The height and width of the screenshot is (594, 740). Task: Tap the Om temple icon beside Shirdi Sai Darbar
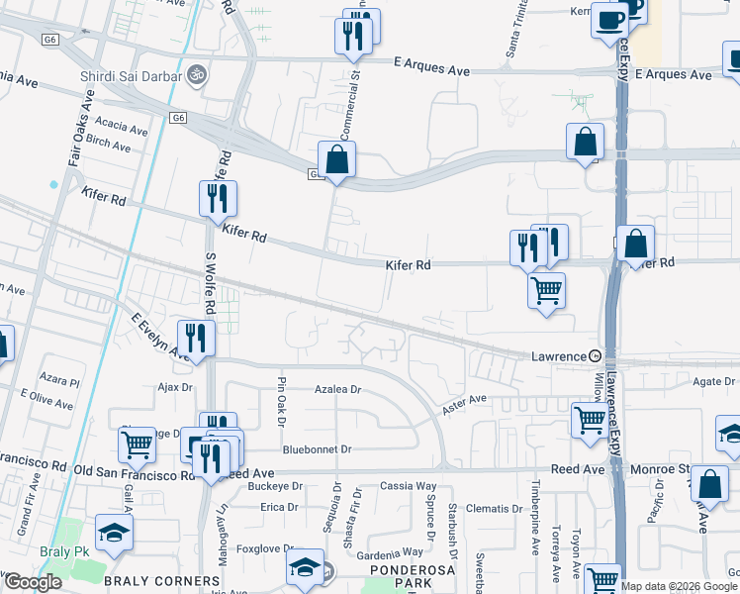(x=196, y=73)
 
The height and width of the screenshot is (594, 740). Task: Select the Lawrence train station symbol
(x=595, y=355)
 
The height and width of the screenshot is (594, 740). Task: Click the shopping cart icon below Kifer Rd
(x=546, y=290)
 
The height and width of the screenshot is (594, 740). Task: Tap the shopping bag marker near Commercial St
(x=336, y=159)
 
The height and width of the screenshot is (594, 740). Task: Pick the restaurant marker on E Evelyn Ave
(x=196, y=338)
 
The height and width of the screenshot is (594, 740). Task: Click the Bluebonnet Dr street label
(x=317, y=449)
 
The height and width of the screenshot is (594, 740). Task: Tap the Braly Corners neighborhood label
(x=162, y=581)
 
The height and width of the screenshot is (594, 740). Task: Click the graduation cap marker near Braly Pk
(x=115, y=532)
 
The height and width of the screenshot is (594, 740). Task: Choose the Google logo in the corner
(x=32, y=582)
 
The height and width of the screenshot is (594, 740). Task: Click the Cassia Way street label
(x=409, y=486)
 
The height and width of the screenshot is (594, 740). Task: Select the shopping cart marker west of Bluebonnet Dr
(x=137, y=445)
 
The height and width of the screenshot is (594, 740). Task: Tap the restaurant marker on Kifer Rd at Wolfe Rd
(x=218, y=198)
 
